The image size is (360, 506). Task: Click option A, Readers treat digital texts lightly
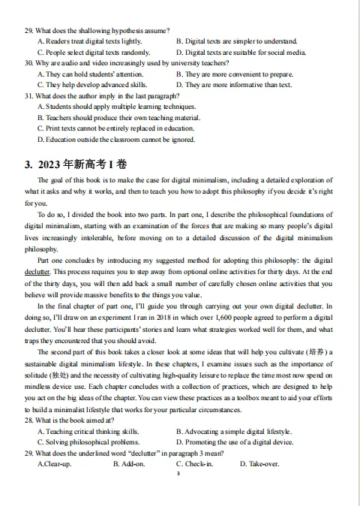click(89, 41)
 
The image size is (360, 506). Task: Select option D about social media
click(241, 53)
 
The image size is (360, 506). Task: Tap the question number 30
click(29, 64)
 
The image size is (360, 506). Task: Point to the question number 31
click(29, 97)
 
